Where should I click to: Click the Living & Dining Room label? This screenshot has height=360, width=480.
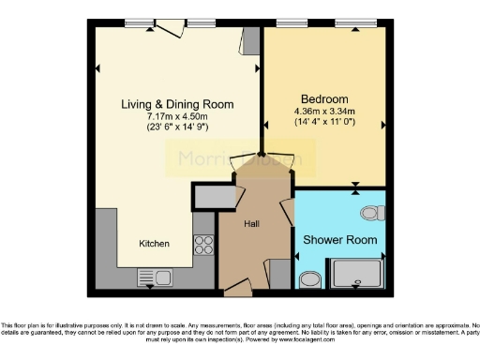click(177, 104)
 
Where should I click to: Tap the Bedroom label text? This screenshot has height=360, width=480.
click(324, 99)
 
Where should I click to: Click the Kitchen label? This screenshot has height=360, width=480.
click(155, 244)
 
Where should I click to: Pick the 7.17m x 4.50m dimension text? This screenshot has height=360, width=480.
click(177, 116)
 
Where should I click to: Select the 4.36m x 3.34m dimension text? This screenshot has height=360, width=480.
click(324, 112)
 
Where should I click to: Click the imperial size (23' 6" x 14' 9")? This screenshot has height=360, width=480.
click(177, 127)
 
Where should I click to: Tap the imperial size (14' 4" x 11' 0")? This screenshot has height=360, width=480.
click(324, 123)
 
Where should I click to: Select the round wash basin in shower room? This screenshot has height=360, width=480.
click(310, 277)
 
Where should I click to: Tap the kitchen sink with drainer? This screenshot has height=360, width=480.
click(155, 276)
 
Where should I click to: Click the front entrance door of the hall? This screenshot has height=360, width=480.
click(239, 288)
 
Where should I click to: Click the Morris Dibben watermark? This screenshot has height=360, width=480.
click(234, 160)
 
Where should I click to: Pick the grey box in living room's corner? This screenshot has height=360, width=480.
click(250, 41)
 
